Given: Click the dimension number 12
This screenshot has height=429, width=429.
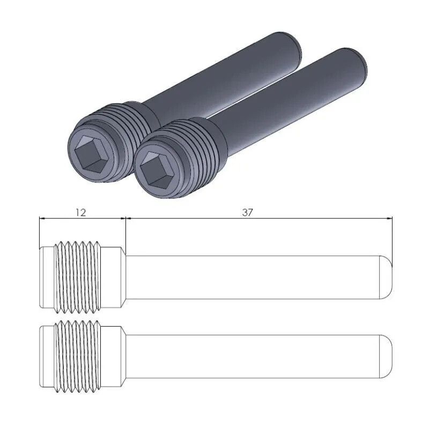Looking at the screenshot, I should point(80,212).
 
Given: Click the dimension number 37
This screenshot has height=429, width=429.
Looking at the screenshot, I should point(247,212).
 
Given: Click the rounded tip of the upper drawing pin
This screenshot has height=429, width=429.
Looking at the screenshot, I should point(387,277).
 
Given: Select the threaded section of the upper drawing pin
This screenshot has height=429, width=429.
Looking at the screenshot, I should point(78,277).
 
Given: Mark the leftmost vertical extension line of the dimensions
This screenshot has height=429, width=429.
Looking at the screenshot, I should point(40,231).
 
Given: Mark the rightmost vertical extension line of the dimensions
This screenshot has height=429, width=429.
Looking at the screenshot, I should point(392,236).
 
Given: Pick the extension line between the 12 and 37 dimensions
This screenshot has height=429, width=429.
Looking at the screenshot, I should point(125,231).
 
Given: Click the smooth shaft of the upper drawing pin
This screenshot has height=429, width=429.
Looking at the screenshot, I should point(252,277).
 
